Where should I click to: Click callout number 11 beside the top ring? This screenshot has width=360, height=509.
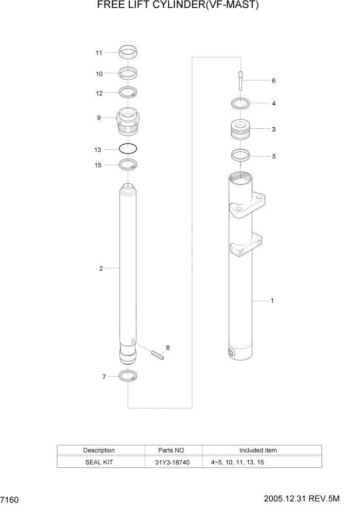99,53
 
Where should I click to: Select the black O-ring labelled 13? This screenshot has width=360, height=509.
128,149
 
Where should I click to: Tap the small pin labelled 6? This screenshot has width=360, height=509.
241,81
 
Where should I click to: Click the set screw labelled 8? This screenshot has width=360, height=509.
157,354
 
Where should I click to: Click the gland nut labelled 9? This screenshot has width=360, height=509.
128,120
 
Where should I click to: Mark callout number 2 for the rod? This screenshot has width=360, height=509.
101,268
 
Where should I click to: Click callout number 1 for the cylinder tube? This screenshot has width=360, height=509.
272,301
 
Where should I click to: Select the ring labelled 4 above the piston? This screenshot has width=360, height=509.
240,103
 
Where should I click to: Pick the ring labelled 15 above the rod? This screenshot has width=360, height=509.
128,165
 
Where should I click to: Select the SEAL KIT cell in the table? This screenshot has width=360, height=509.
99,462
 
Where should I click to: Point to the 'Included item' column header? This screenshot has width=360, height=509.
257,450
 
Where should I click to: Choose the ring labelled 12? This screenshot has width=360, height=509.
128,92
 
